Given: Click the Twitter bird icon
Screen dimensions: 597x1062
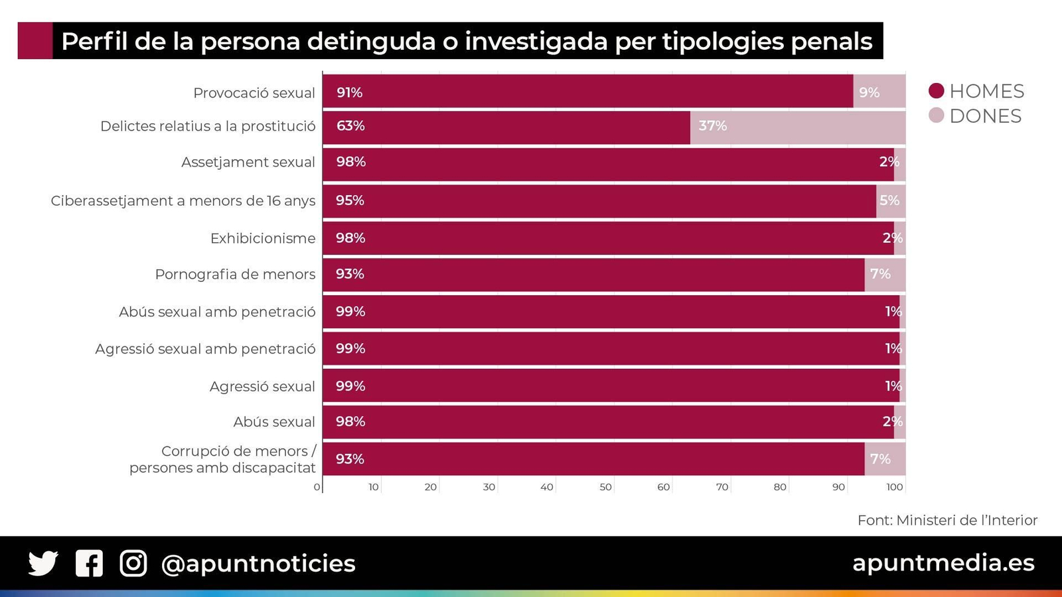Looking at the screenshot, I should pos(43,563).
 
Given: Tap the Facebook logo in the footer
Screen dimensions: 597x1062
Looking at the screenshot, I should pos(89,563).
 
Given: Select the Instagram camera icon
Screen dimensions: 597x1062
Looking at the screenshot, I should pos(133,563).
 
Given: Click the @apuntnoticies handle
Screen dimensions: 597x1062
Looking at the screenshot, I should pos(258,564).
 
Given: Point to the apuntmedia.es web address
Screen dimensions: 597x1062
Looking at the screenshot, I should pos(943,563).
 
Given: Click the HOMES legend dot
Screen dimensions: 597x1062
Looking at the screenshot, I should pos(936,91).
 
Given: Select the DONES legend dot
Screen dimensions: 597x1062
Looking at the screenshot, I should pos(936,115).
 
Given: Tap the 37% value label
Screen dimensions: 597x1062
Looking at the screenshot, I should pos(712,126).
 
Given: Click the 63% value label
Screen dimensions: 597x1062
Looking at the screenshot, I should pos(350,126).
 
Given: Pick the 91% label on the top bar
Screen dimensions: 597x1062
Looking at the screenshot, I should pos(349,93).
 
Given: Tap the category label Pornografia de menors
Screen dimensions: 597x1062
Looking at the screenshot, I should pos(235,275).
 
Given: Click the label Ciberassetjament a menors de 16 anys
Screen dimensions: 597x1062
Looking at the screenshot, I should pos(183,201).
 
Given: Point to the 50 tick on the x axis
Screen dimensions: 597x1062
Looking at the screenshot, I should pos(605,488).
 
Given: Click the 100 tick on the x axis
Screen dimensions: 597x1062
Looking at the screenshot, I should pos(895,488).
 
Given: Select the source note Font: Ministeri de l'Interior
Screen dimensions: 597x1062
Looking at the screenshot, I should pos(947,521).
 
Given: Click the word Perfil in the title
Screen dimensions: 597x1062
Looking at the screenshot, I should pos(94,42).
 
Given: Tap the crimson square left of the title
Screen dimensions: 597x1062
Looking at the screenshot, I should pos(35,41).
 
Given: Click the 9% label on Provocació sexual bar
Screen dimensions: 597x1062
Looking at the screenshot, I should pos(869,93).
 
